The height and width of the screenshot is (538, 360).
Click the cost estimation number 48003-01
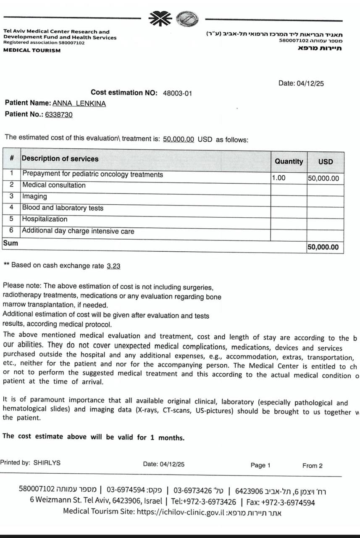tap(177, 93)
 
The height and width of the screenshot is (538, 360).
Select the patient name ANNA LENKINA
tap(79, 103)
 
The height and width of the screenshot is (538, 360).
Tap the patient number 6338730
tap(58, 114)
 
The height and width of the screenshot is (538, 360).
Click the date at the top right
tap(301, 83)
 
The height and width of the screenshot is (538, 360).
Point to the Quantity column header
tap(289, 161)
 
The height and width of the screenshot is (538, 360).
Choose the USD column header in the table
tap(325, 161)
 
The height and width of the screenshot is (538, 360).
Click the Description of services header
tap(60, 159)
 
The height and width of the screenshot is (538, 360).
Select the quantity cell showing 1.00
tap(279, 178)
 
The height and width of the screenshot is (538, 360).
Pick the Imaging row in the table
tap(34, 196)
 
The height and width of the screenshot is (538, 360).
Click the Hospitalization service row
tap(45, 219)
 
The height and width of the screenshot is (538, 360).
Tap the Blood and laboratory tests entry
tap(63, 208)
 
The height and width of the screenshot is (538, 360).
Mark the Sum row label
tap(10, 243)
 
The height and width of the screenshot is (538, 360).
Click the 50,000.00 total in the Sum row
tap(323, 247)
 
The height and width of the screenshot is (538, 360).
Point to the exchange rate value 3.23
tap(113, 266)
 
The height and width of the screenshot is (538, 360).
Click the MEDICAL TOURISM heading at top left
tap(32, 50)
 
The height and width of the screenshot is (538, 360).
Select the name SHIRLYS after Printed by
tap(47, 463)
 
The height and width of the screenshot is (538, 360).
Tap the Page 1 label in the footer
tap(260, 465)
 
